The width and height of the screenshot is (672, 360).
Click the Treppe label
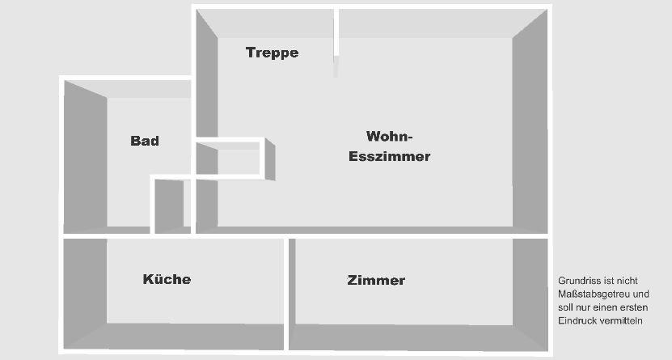[x=272, y=53]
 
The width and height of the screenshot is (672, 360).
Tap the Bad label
[x=145, y=141]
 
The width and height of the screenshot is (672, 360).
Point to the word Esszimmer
[x=389, y=156]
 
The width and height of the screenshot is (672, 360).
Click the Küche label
[x=167, y=279]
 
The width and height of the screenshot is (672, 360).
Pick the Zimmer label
[x=376, y=281]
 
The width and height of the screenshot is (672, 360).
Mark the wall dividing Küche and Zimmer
[x=286, y=295]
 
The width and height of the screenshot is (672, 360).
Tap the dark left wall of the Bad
[x=85, y=158]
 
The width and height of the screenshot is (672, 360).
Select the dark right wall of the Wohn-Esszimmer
[x=530, y=121]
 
